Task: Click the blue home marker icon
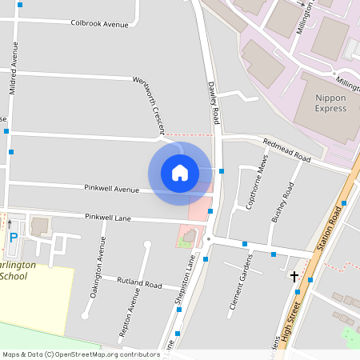point(180,173)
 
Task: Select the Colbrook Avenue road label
point(99,24)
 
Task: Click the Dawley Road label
point(214,102)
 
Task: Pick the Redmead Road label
point(286,150)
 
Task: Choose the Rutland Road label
point(139,283)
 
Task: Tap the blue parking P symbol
point(13,237)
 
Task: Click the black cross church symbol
point(294,276)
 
